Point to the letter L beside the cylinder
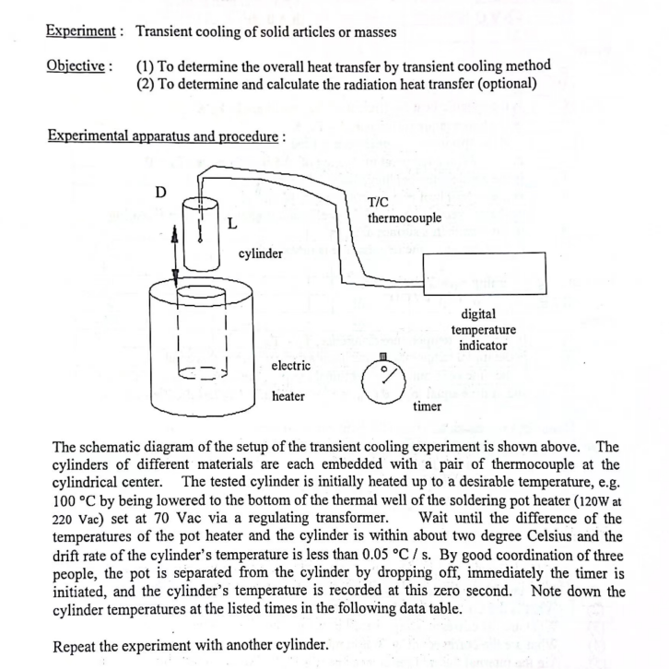pyautogui.click(x=232, y=222)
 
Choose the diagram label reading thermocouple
pyautogui.click(x=404, y=218)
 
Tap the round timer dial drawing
pyautogui.click(x=382, y=379)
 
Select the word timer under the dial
pyautogui.click(x=427, y=405)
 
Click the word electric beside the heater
pyautogui.click(x=291, y=366)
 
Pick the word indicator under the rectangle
pyautogui.click(x=484, y=346)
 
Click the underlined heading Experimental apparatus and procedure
pyautogui.click(x=163, y=136)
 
